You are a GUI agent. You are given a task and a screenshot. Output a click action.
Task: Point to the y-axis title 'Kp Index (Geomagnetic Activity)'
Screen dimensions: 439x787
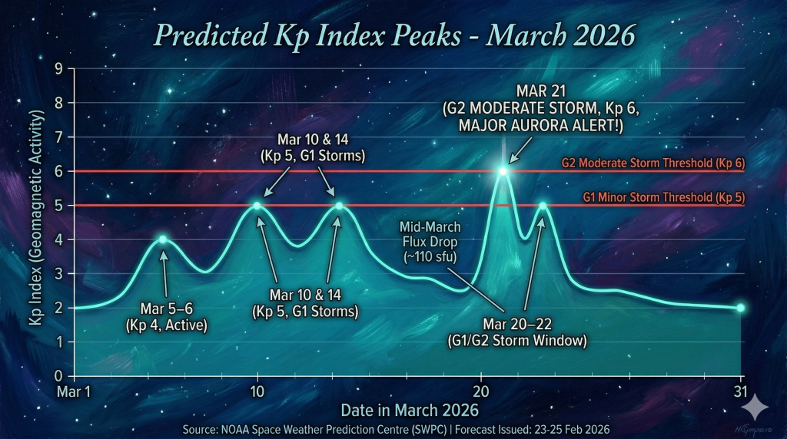coord(36,222)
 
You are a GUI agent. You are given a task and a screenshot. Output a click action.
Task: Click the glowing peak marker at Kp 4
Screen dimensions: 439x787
coord(163,239)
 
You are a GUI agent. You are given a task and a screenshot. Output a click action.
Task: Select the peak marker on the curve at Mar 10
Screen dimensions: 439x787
coord(257,205)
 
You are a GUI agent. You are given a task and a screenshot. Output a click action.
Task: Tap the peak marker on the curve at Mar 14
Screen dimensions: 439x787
coord(338,205)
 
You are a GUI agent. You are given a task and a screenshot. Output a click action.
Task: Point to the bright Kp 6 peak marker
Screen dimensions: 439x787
coord(503,171)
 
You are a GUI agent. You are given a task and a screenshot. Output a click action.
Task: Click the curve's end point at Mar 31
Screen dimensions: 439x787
coord(741,308)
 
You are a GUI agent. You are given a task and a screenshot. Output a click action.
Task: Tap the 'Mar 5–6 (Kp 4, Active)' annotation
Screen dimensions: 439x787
coord(166,316)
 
